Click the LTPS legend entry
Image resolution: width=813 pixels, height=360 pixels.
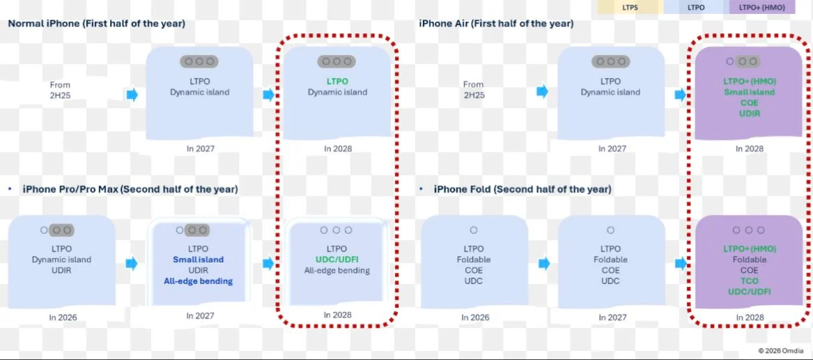pos(630,7)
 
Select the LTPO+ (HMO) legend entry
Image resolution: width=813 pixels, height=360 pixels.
pos(762,7)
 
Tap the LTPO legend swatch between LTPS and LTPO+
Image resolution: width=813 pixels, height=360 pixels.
pos(697,7)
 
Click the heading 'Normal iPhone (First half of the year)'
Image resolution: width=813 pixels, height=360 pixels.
pos(96,24)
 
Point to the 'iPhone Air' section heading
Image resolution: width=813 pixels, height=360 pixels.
pos(496,24)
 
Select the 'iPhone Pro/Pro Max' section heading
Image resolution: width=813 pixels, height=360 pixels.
pos(130,189)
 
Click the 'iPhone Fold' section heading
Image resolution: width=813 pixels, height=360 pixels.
pos(522,189)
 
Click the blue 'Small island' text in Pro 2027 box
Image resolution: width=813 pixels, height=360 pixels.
pos(199,260)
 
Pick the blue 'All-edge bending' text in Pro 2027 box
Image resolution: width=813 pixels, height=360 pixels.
pos(199,281)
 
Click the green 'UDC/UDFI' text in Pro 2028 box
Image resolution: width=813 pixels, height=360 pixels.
pos(337,260)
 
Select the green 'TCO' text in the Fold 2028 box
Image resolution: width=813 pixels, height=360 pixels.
pos(749,281)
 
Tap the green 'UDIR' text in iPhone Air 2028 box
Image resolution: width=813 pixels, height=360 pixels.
pos(749,114)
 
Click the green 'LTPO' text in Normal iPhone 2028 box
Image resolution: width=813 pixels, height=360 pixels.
pos(337,81)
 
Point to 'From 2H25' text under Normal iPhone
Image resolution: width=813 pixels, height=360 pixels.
pos(60,90)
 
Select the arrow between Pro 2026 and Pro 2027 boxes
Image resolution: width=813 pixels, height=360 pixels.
pos(132,263)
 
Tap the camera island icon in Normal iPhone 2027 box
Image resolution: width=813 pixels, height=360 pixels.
pos(199,62)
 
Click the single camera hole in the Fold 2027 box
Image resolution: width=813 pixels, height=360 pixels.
pos(611,230)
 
